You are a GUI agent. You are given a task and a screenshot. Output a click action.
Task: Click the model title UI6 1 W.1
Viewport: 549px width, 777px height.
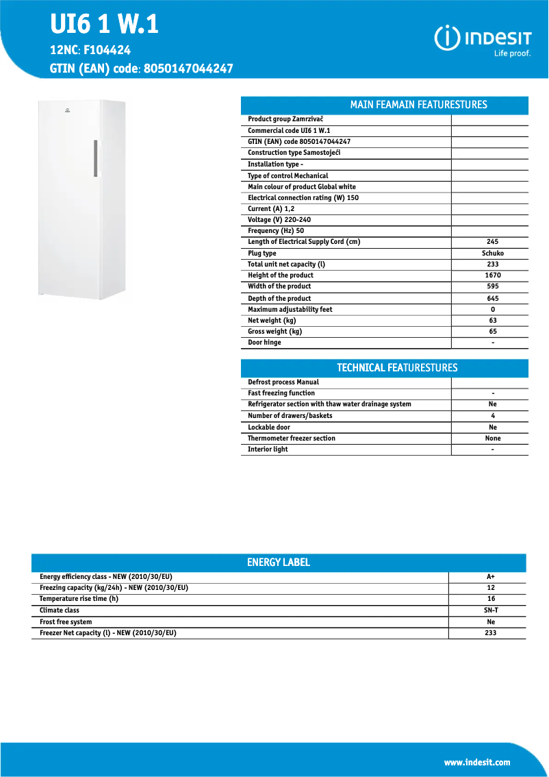(x=104, y=25)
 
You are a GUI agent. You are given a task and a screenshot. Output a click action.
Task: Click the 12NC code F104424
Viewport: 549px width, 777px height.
(x=107, y=50)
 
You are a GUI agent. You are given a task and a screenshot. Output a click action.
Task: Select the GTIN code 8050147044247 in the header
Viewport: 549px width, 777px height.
(x=189, y=69)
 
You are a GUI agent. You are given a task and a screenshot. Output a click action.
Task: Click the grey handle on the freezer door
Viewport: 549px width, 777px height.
(x=96, y=158)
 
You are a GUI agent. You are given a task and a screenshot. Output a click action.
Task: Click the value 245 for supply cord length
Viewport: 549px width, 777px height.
(x=492, y=242)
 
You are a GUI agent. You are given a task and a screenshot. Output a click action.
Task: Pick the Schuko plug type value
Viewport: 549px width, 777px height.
(x=492, y=253)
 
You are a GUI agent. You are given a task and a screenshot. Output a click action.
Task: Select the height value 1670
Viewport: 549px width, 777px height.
(x=492, y=275)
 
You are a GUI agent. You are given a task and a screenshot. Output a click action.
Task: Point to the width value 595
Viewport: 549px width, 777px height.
(x=492, y=286)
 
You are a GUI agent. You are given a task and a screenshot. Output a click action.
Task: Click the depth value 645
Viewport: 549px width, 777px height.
(x=492, y=298)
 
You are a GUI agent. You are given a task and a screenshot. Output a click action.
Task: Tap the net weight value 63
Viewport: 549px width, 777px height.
(x=492, y=321)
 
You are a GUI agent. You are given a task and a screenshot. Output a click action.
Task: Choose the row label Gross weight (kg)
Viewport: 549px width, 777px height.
(x=274, y=332)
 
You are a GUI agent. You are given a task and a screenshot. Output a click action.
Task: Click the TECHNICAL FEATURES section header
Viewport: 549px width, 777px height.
(x=397, y=368)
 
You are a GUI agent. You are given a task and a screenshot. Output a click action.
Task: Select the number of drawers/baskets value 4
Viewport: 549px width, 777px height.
(x=492, y=416)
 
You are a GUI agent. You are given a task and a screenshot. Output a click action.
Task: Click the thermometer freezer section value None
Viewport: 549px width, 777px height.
(x=492, y=439)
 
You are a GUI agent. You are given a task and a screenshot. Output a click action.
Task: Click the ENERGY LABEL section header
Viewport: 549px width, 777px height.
(x=279, y=563)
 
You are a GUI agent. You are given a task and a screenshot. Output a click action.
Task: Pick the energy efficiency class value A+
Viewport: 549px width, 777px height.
(x=490, y=577)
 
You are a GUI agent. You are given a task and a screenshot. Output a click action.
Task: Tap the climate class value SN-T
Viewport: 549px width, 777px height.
(x=490, y=610)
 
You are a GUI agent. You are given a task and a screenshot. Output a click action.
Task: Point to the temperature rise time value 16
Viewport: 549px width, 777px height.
(x=490, y=599)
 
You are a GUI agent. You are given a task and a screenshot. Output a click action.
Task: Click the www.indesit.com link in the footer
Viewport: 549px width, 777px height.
(x=477, y=763)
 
